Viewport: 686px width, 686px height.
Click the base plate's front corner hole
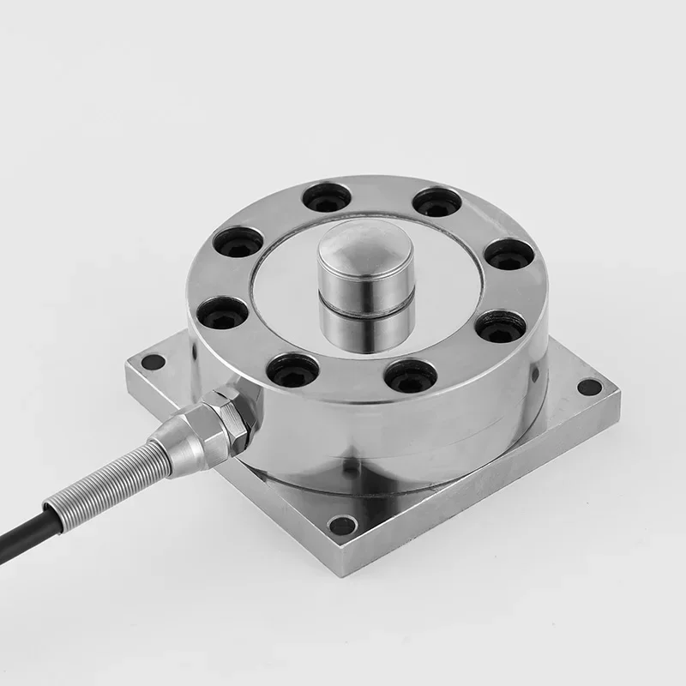pos(343,525)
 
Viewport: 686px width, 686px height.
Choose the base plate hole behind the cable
pos(153,362)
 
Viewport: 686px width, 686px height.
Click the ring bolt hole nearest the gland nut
pos(292,370)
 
